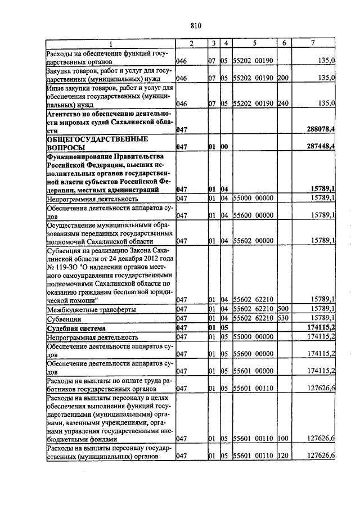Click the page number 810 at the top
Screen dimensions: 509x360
coord(196,25)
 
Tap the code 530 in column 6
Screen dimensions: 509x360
coord(283,318)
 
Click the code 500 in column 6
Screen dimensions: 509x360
coord(283,309)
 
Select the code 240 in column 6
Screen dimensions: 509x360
coord(283,103)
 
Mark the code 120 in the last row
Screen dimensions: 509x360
coord(283,455)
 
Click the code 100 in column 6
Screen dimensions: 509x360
coord(283,438)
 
